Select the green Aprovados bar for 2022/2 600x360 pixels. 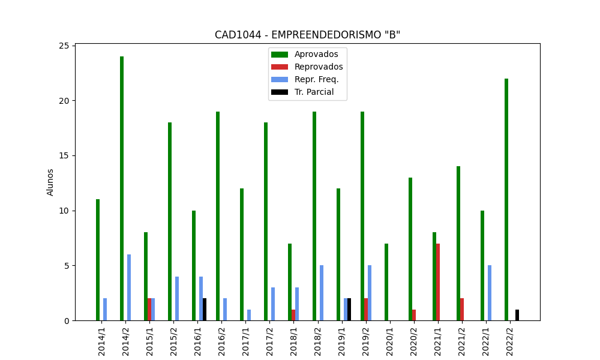(x=506, y=199)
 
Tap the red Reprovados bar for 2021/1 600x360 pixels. (x=438, y=282)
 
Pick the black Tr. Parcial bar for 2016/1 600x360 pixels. (x=205, y=310)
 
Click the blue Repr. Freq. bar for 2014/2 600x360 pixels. (x=129, y=287)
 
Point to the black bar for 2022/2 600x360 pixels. (x=517, y=315)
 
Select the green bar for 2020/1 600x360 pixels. (x=386, y=282)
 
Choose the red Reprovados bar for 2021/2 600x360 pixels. (x=462, y=310)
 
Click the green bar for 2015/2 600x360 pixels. (x=170, y=221)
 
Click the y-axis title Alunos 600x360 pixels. (x=50, y=182)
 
